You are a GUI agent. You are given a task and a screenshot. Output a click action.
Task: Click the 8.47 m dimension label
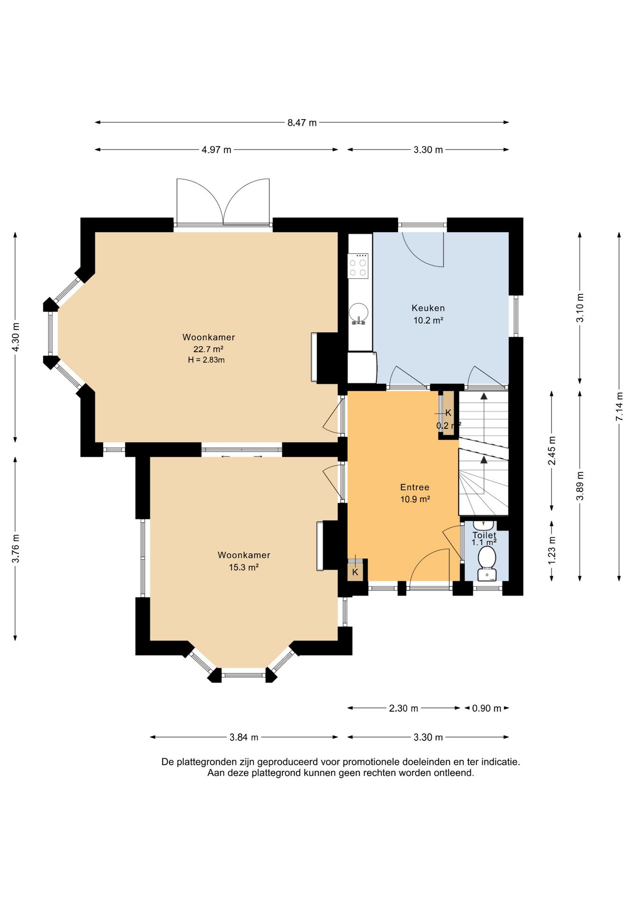point(302,123)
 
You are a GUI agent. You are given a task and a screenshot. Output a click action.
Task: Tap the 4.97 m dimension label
point(216,150)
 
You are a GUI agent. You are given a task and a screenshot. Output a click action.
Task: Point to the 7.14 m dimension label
point(619,406)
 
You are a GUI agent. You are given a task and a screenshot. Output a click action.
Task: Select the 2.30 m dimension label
point(403,708)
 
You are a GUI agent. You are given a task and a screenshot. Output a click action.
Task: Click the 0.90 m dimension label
point(486,708)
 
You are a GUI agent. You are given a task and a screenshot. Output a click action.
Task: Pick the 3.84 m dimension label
point(244,737)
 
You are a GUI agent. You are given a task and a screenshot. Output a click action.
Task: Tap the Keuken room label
point(428,308)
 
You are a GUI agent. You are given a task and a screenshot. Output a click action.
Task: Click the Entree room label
point(415,487)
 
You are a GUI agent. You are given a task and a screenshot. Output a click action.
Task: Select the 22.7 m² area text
point(208,349)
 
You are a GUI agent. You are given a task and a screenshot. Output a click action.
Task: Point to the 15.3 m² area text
point(244,567)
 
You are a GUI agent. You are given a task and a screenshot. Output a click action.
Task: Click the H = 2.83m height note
point(206,360)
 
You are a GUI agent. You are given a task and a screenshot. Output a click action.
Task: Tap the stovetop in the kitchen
point(358,265)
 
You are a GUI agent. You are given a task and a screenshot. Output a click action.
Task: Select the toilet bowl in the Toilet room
point(487,558)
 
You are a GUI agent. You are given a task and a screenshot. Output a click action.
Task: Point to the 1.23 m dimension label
point(552,550)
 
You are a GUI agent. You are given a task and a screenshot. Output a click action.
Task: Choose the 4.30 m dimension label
point(15,337)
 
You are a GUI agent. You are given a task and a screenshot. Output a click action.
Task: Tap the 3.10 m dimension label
point(580,308)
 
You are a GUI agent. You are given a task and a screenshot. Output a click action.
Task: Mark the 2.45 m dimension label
point(552,451)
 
